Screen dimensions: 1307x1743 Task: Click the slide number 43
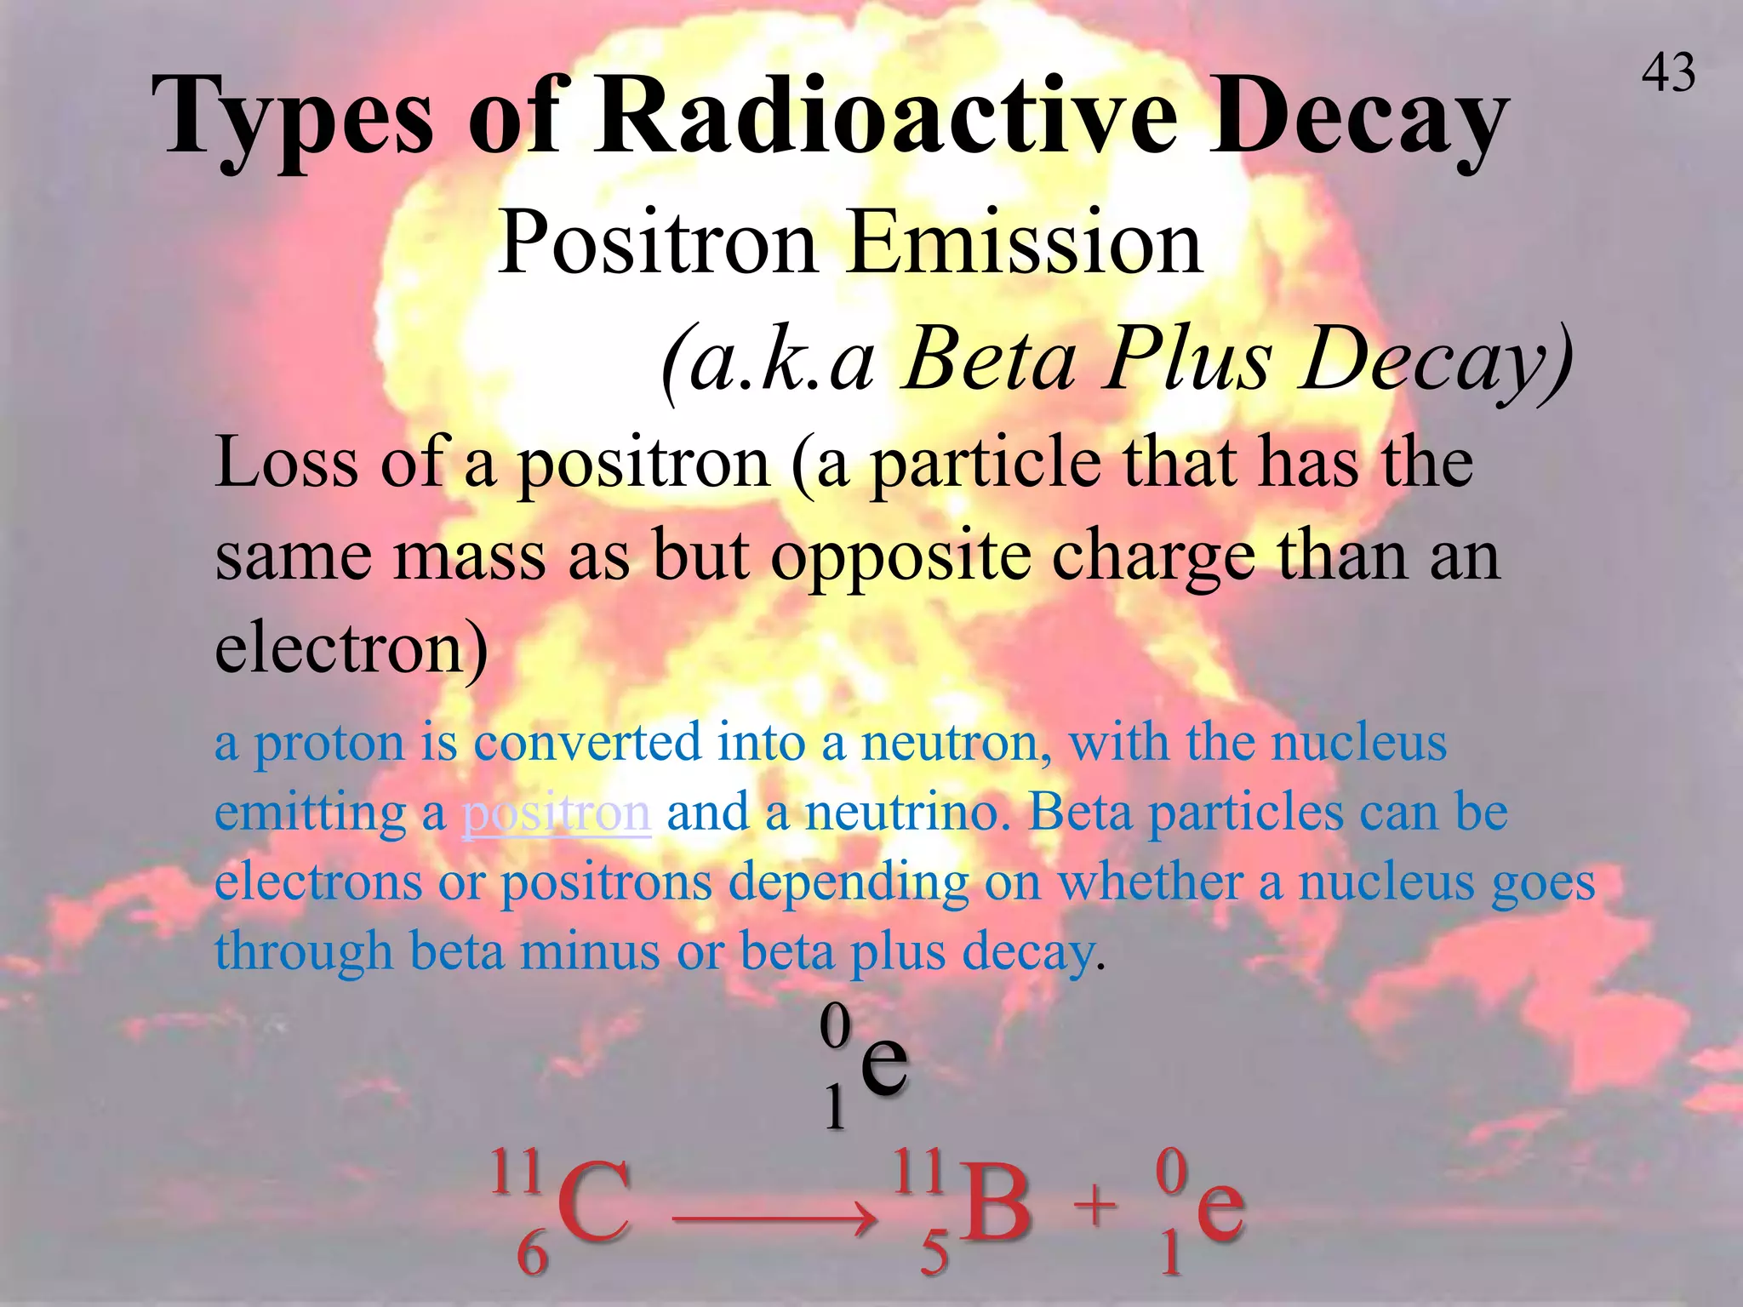(1668, 73)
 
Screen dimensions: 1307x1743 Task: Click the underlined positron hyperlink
(557, 812)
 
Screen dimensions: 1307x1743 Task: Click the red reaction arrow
(774, 1220)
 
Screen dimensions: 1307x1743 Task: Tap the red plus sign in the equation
(1094, 1206)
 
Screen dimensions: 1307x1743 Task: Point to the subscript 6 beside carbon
(533, 1253)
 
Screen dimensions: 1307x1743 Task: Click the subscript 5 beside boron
(934, 1253)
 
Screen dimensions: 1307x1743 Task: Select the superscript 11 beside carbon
(516, 1172)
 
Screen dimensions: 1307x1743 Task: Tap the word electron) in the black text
(351, 648)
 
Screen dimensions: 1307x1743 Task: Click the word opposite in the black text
(900, 557)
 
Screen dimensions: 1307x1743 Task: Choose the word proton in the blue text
(329, 742)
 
